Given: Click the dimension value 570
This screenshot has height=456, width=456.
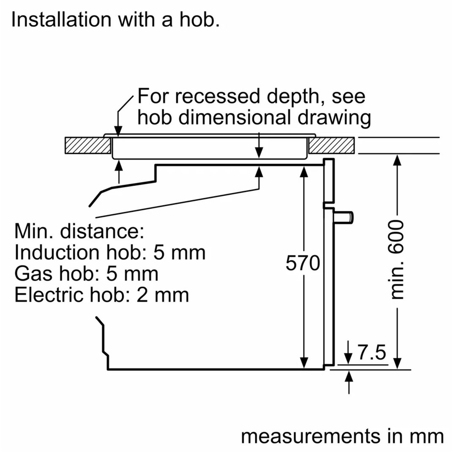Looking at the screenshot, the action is pyautogui.click(x=303, y=263).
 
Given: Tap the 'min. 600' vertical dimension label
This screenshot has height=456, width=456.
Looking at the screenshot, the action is pyautogui.click(x=397, y=259).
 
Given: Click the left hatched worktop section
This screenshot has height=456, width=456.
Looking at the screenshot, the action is pyautogui.click(x=88, y=145).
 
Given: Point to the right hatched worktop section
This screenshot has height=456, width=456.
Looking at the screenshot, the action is pyautogui.click(x=331, y=145).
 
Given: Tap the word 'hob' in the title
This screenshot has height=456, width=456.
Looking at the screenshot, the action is pyautogui.click(x=199, y=20).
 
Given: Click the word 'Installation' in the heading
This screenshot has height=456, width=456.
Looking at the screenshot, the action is pyautogui.click(x=61, y=20).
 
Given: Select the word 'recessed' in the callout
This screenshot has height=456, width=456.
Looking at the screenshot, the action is pyautogui.click(x=217, y=96).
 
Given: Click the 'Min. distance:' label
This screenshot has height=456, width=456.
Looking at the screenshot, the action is pyautogui.click(x=79, y=231).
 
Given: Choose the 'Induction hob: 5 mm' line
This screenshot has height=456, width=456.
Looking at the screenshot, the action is pyautogui.click(x=110, y=252).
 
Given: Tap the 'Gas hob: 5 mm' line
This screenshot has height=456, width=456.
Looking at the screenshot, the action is pyautogui.click(x=86, y=274).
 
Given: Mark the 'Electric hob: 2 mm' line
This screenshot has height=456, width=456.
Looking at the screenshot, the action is pyautogui.click(x=102, y=295).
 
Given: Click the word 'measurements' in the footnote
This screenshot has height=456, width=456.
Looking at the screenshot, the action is pyautogui.click(x=311, y=437).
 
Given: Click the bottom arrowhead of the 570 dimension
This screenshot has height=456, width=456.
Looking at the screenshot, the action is pyautogui.click(x=303, y=363).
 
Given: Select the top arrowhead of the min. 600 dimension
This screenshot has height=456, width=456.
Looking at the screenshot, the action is pyautogui.click(x=397, y=160).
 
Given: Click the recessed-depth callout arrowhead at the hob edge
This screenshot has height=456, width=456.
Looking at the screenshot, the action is pyautogui.click(x=118, y=131).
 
